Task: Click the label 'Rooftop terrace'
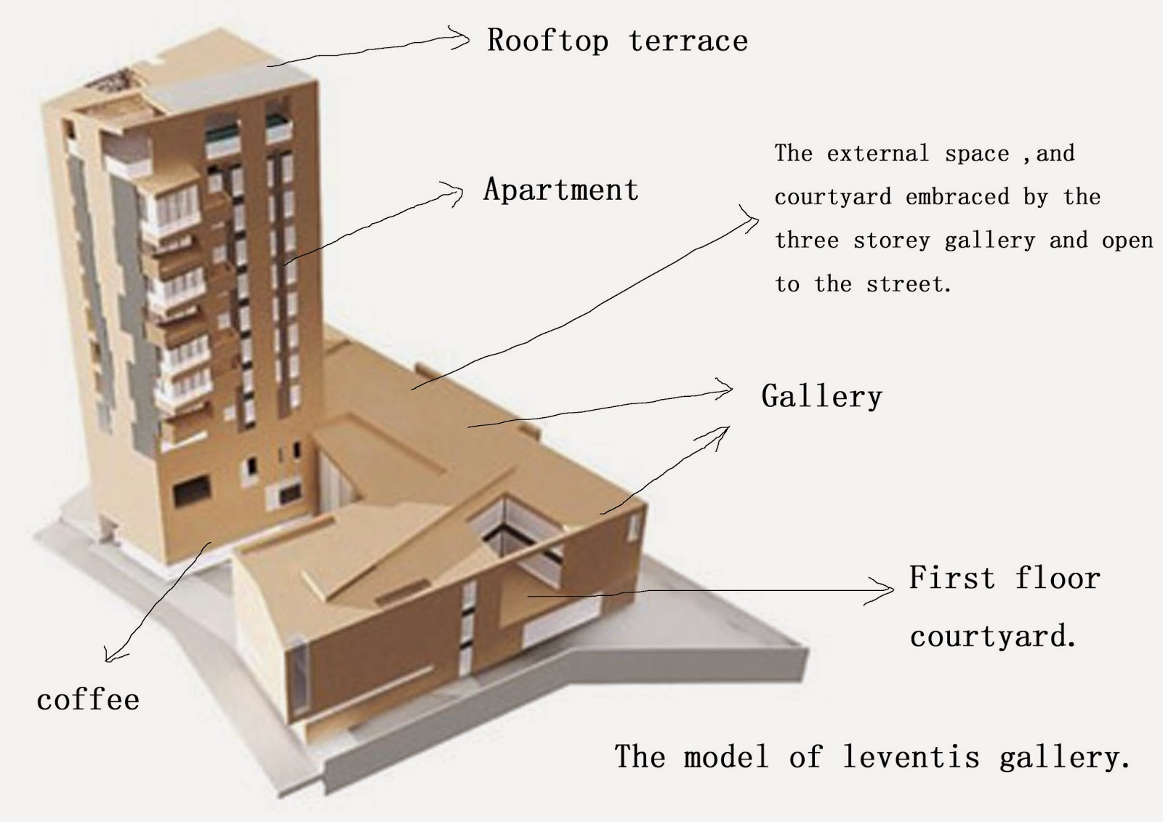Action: (x=617, y=41)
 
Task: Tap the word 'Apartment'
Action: (x=561, y=190)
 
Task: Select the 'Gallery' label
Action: (x=821, y=397)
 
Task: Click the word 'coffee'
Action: (x=88, y=700)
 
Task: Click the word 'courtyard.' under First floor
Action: (x=992, y=637)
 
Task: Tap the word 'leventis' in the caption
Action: (x=911, y=757)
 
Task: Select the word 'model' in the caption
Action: (x=726, y=757)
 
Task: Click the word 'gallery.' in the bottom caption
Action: (x=1063, y=758)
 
